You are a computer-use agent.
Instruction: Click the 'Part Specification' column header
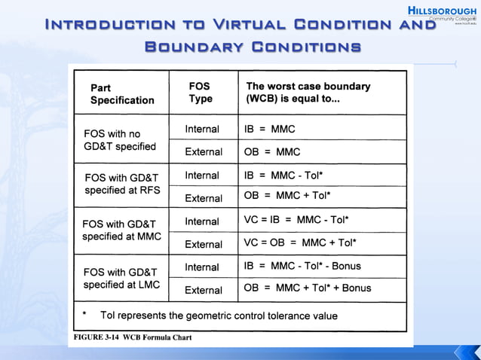pyautogui.click(x=122, y=93)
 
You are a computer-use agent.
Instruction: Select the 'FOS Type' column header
pyautogui.click(x=201, y=93)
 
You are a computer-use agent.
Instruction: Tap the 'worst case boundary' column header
pyautogui.click(x=308, y=93)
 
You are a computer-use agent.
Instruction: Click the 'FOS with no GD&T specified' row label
pyautogui.click(x=120, y=140)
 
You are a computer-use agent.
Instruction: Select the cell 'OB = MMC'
pyautogui.click(x=272, y=152)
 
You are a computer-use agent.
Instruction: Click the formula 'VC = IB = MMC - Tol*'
pyautogui.click(x=296, y=221)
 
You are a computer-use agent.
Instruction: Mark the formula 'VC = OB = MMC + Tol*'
pyautogui.click(x=300, y=243)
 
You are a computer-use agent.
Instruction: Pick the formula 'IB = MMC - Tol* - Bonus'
pyautogui.click(x=302, y=266)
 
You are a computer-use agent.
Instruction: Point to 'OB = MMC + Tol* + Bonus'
pyautogui.click(x=308, y=288)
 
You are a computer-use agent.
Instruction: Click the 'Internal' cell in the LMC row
pyautogui.click(x=202, y=267)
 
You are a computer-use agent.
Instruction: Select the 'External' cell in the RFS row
pyautogui.click(x=204, y=198)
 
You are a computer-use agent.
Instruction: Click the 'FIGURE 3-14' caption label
pyautogui.click(x=98, y=337)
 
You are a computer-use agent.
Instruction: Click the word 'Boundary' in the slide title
pyautogui.click(x=194, y=47)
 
